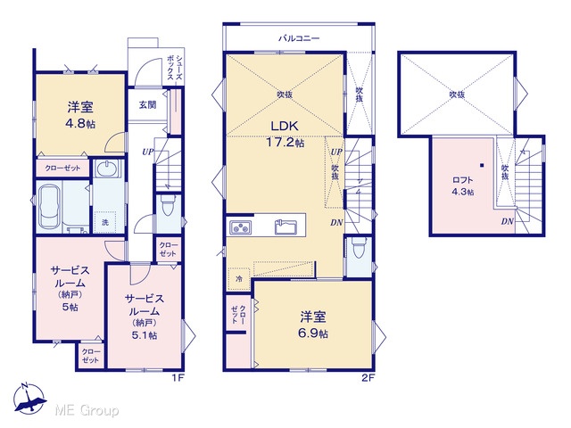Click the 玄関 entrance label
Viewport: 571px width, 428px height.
tap(147, 105)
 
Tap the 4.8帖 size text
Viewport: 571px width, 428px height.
tap(80, 124)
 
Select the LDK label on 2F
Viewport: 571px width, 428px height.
tap(285, 126)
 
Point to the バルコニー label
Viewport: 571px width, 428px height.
tap(299, 37)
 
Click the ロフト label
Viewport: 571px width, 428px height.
tap(463, 179)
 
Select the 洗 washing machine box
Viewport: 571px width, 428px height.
tap(105, 222)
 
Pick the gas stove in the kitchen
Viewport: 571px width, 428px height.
tap(240, 227)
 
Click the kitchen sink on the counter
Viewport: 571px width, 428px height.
tap(285, 227)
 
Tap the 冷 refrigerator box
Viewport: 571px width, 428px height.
tap(239, 279)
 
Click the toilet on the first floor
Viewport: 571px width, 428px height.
tap(169, 206)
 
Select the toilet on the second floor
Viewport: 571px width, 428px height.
tap(359, 248)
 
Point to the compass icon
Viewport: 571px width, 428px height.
tap(29, 399)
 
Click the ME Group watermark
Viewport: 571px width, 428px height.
tap(87, 411)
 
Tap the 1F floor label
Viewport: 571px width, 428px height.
tap(178, 378)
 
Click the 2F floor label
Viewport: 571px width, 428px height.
tap(368, 378)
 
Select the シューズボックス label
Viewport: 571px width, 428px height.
tap(175, 68)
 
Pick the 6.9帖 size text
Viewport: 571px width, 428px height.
tap(313, 333)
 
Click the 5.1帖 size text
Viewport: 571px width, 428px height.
tap(145, 335)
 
